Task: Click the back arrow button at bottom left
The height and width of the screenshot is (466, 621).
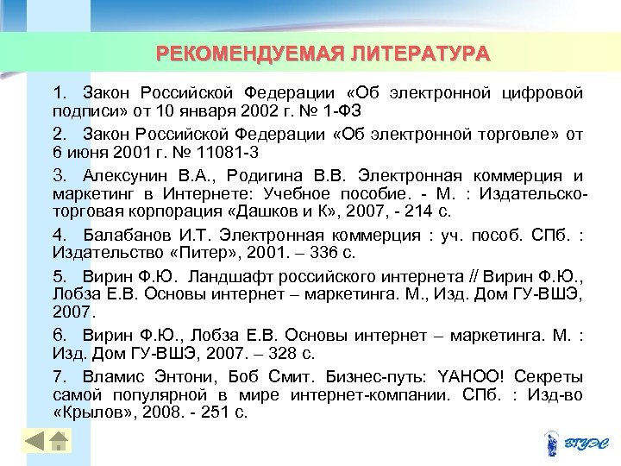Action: [x=34, y=443]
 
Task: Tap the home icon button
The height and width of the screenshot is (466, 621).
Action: [x=58, y=443]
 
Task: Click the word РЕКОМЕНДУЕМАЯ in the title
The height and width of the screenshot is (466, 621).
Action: [x=251, y=54]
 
